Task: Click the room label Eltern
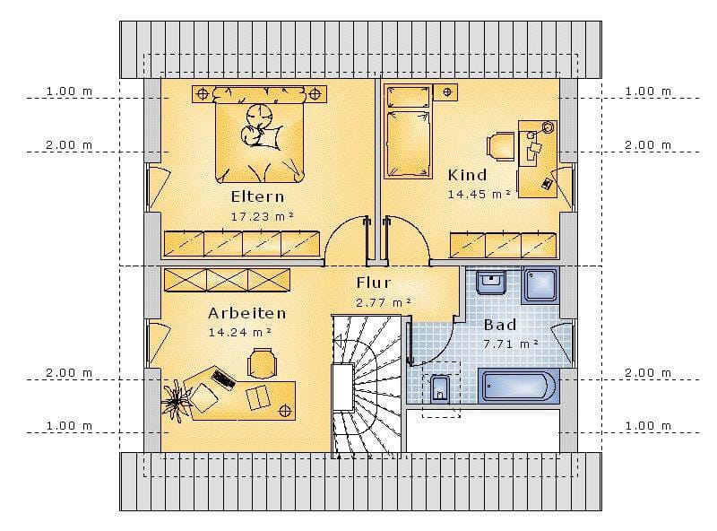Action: [257, 196]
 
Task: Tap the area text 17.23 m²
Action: [262, 216]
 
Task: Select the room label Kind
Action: [467, 175]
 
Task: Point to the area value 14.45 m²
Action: [479, 194]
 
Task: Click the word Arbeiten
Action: [247, 313]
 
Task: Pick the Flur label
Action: [374, 283]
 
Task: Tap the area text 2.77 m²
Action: [384, 302]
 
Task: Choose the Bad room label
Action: [500, 325]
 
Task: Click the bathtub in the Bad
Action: [519, 386]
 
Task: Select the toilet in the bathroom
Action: [440, 389]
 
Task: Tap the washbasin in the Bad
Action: [490, 282]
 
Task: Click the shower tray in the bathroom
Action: [540, 285]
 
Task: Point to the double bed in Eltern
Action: [259, 135]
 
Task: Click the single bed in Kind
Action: [408, 131]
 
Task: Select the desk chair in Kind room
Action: [500, 146]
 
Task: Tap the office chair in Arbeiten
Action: [262, 363]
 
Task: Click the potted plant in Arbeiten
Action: [177, 401]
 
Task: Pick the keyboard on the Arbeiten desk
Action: [223, 379]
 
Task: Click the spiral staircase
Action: [367, 386]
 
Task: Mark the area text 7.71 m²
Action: [510, 344]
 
